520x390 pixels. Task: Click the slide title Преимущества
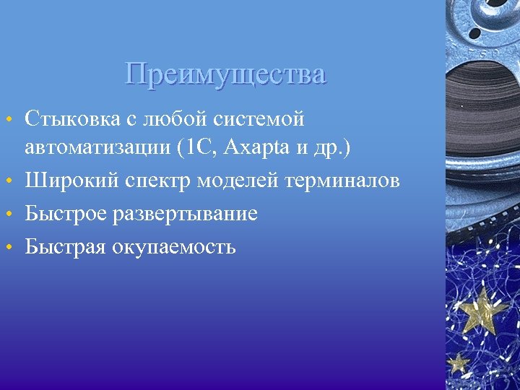click(x=225, y=74)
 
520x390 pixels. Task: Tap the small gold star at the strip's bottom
click(x=458, y=361)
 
